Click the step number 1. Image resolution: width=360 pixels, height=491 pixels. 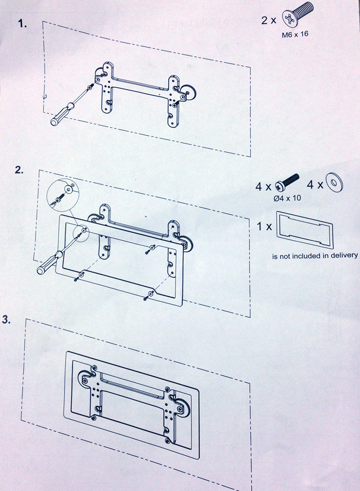click(x=22, y=24)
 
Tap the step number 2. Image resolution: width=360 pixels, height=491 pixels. click(x=19, y=170)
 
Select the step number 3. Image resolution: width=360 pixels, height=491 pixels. click(x=7, y=320)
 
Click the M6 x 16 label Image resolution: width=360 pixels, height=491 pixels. click(x=295, y=34)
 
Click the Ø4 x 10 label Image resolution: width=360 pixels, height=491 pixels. click(x=287, y=198)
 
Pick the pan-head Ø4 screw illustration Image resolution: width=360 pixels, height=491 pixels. click(x=287, y=182)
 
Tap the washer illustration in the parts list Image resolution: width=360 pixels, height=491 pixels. click(x=335, y=182)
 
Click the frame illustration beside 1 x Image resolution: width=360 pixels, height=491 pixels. click(x=304, y=229)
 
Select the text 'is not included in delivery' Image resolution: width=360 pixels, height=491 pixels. click(x=315, y=256)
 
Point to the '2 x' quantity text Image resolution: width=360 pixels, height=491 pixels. click(x=269, y=20)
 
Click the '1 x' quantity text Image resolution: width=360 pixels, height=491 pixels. click(x=264, y=226)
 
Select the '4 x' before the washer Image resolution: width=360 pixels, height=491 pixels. click(x=315, y=185)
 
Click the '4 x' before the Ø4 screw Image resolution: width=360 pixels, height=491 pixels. click(x=264, y=187)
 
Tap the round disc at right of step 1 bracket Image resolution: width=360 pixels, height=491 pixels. click(x=186, y=93)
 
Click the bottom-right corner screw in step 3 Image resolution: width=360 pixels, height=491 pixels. click(x=168, y=441)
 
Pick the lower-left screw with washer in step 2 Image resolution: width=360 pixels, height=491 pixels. click(x=79, y=276)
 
